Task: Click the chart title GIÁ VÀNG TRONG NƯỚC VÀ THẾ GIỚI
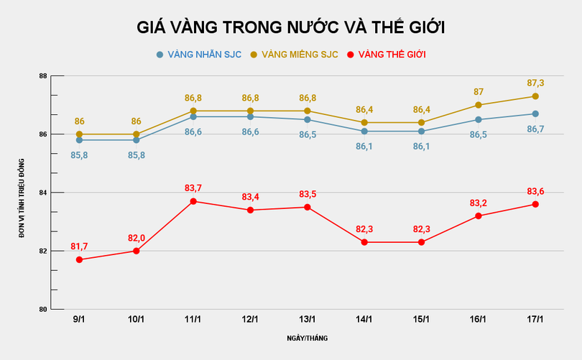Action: pyautogui.click(x=291, y=28)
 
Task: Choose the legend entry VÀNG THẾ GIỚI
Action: pyautogui.click(x=391, y=54)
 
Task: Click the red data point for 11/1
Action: pyautogui.click(x=193, y=201)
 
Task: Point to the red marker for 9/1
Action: pyautogui.click(x=79, y=259)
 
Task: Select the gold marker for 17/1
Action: pyautogui.click(x=535, y=96)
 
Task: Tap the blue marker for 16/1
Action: pyautogui.click(x=479, y=119)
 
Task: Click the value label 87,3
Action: pyautogui.click(x=535, y=83)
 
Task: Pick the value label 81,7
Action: pyautogui.click(x=79, y=246)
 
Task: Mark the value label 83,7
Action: pyautogui.click(x=193, y=188)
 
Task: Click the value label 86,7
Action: pyautogui.click(x=535, y=129)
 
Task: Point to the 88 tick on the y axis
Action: pyautogui.click(x=43, y=76)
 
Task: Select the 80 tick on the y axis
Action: pyautogui.click(x=43, y=309)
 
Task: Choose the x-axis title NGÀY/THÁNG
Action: pyautogui.click(x=307, y=337)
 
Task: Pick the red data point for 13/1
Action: pyautogui.click(x=308, y=207)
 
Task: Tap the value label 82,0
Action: pyautogui.click(x=136, y=238)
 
